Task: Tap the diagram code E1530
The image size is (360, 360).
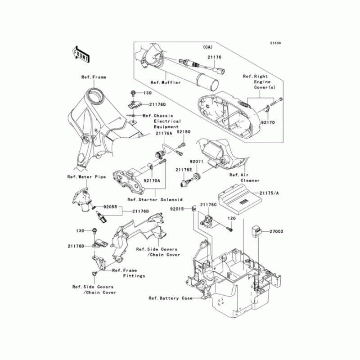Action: pyautogui.click(x=275, y=43)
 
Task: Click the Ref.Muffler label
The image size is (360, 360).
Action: pyautogui.click(x=166, y=83)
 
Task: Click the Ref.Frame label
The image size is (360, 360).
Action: pyautogui.click(x=94, y=77)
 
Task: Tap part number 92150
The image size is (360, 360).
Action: pyautogui.click(x=184, y=133)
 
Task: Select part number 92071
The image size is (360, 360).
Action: pyautogui.click(x=197, y=161)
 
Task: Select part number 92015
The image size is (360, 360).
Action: pyautogui.click(x=177, y=209)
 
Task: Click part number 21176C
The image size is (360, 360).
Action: pyautogui.click(x=209, y=205)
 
